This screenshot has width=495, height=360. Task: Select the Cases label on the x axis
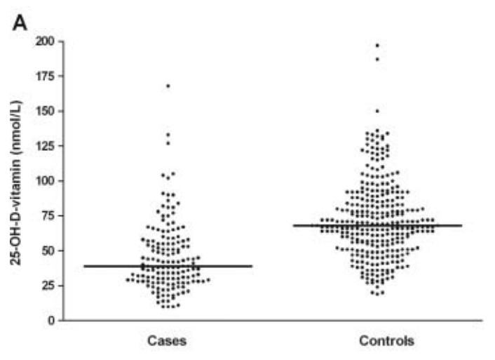click(x=167, y=342)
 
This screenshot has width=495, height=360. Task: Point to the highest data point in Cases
click(x=168, y=86)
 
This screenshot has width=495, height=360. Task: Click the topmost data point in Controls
click(x=377, y=46)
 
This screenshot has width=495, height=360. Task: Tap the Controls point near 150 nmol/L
click(x=377, y=111)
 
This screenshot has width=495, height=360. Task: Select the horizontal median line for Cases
click(x=168, y=266)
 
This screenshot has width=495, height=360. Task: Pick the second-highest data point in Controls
click(x=377, y=59)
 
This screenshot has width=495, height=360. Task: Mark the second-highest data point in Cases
click(x=168, y=134)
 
